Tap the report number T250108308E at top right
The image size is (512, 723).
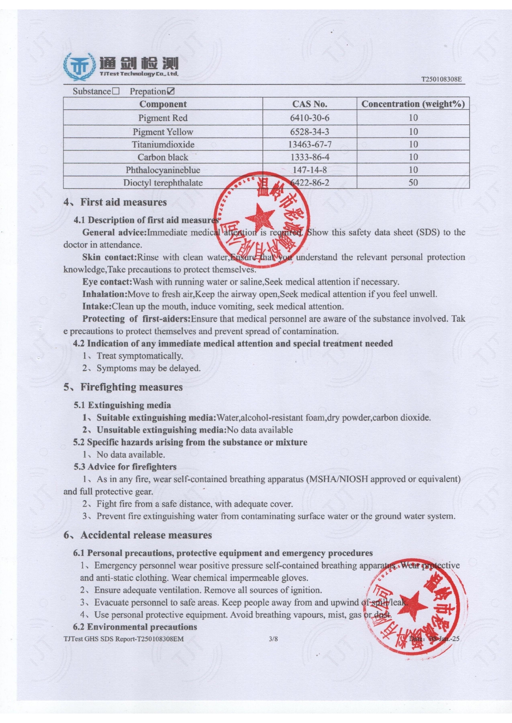tap(441, 79)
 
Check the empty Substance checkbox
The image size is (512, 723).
tap(116, 91)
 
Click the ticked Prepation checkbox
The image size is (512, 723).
tap(170, 91)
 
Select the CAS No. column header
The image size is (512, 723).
tap(309, 104)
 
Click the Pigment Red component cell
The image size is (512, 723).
tap(163, 118)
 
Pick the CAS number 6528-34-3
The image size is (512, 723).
tap(309, 132)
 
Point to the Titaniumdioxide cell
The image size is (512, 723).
tap(163, 145)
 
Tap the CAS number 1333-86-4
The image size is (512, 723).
tap(309, 157)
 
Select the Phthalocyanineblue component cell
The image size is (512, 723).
tap(163, 170)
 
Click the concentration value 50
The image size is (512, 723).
tap(413, 183)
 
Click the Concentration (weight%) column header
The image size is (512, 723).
tap(413, 104)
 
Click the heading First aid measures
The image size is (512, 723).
tap(123, 202)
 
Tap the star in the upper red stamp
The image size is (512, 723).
tap(260, 217)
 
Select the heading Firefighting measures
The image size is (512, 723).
tap(131, 387)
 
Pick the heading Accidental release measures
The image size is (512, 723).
tap(146, 535)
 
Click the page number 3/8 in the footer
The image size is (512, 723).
tap(273, 639)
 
